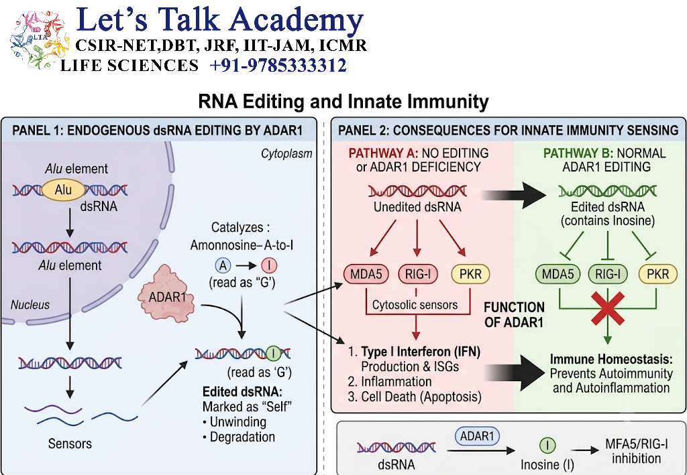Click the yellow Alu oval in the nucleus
63,190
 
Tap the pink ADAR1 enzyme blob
167,294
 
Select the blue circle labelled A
223,265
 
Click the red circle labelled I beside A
269,265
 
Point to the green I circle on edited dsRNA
274,353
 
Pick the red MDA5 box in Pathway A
366,274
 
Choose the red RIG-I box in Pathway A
418,274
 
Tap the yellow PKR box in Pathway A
470,274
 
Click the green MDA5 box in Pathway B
558,274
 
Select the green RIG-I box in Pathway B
608,274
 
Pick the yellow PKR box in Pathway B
657,274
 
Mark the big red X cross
608,309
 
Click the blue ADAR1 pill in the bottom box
477,436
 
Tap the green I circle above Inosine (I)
547,446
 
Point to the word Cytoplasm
286,153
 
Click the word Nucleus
30,305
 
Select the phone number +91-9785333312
278,65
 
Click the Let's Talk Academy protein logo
40,40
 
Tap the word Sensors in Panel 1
70,444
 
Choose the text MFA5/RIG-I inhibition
637,452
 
